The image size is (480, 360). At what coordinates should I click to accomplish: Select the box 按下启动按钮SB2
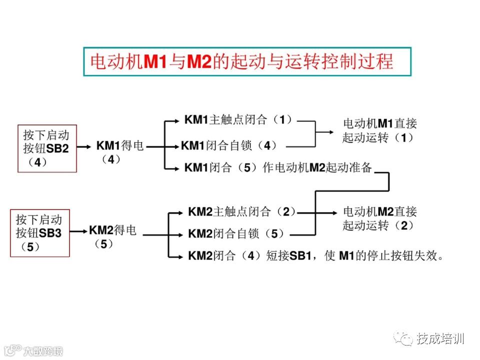click(47, 148)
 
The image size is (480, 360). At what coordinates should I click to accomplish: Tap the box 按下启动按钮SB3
click(40, 232)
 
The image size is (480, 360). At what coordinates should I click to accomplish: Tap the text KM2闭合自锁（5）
click(236, 233)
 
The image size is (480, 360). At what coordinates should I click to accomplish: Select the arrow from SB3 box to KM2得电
click(79, 231)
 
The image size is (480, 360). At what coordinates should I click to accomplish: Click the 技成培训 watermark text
click(440, 338)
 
